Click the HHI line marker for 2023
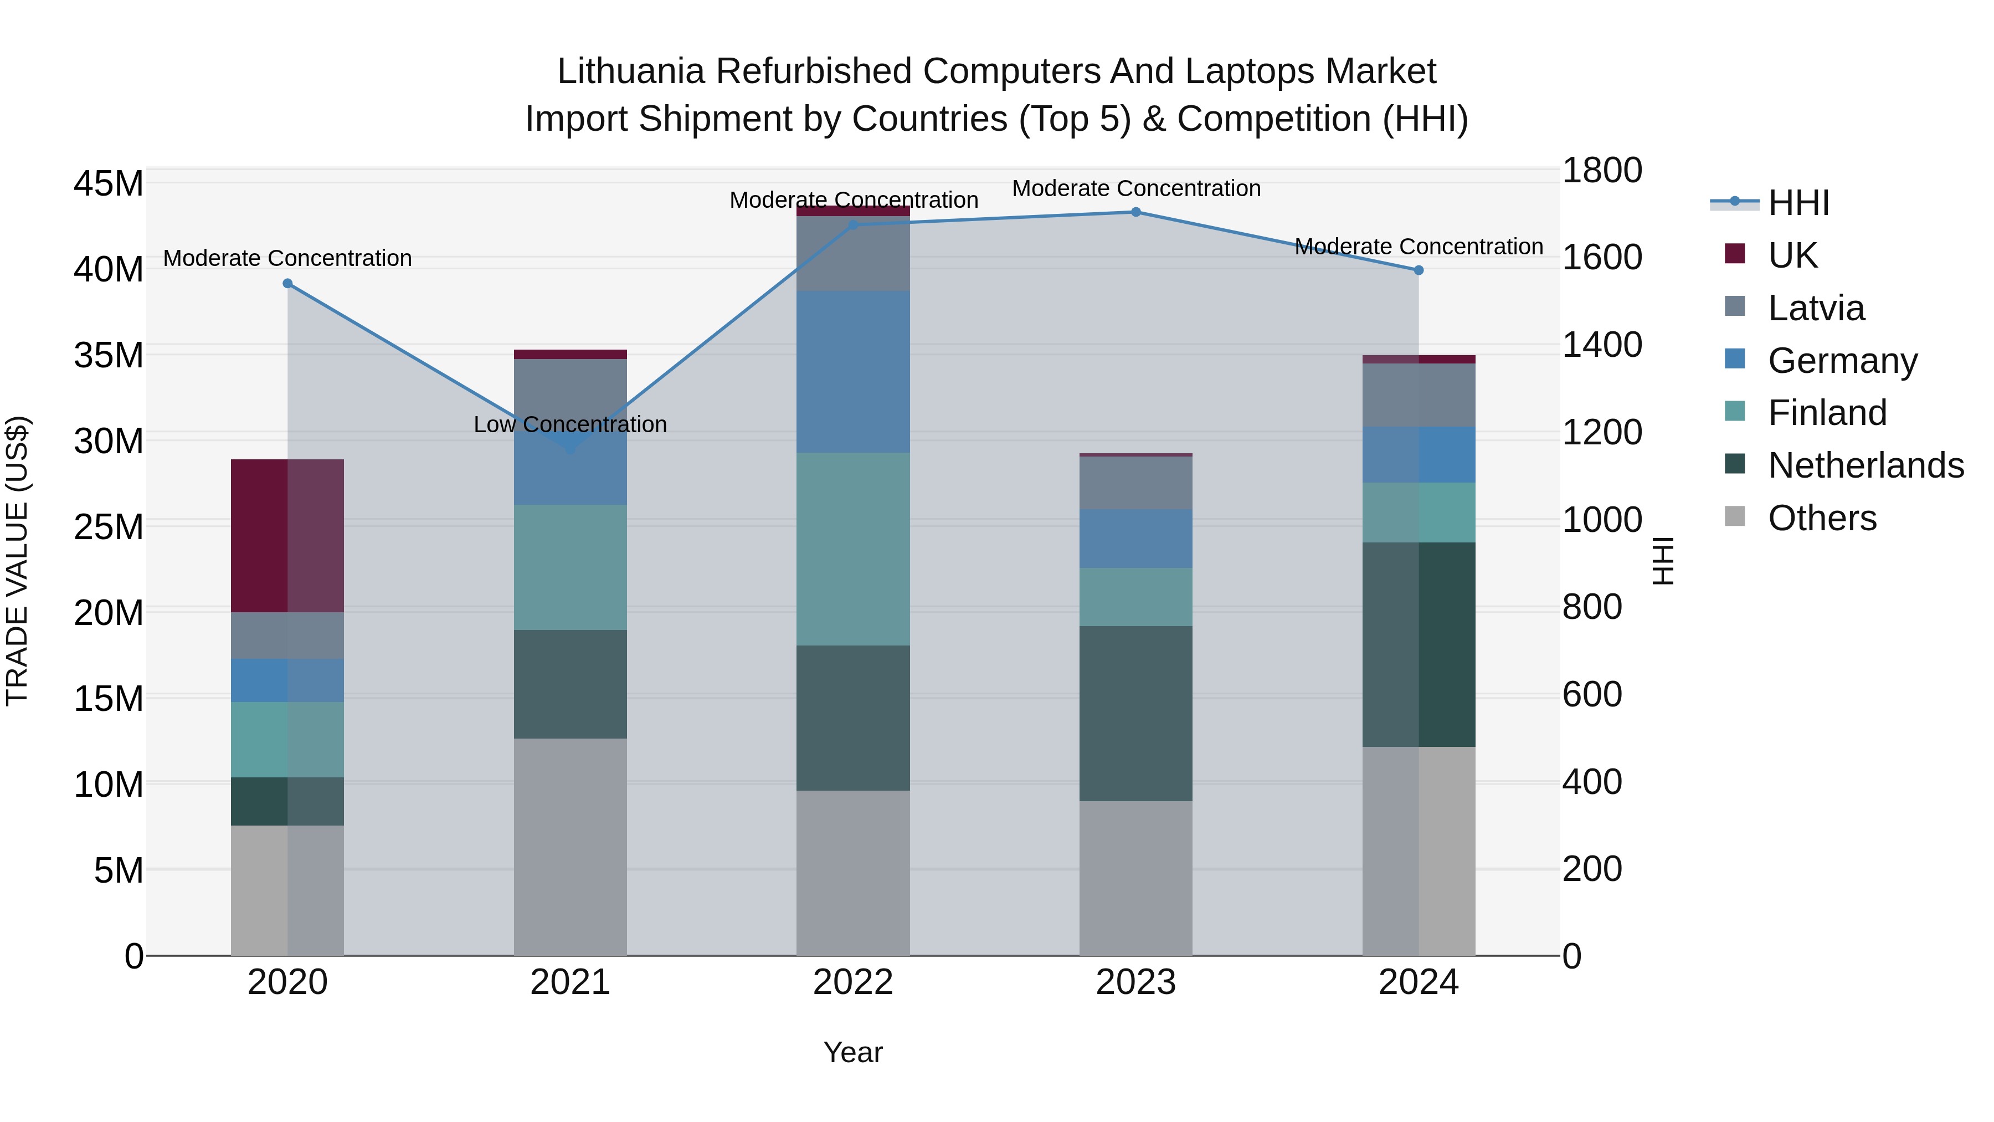click(x=1135, y=212)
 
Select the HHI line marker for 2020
click(x=287, y=283)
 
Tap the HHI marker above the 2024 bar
click(x=1418, y=270)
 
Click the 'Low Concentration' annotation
click(x=570, y=424)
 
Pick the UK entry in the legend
click(x=1792, y=255)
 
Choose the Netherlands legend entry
click(x=1865, y=465)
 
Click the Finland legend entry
click(x=1827, y=413)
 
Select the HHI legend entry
click(x=1798, y=203)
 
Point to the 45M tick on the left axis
click(x=109, y=185)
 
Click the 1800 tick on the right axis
click(x=1601, y=170)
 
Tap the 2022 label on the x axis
click(x=853, y=982)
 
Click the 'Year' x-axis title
click(x=852, y=1052)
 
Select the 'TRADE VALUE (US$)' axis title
click(x=17, y=561)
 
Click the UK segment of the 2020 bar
click(x=287, y=536)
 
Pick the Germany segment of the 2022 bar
click(x=853, y=372)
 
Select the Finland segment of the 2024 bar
click(x=1418, y=513)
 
